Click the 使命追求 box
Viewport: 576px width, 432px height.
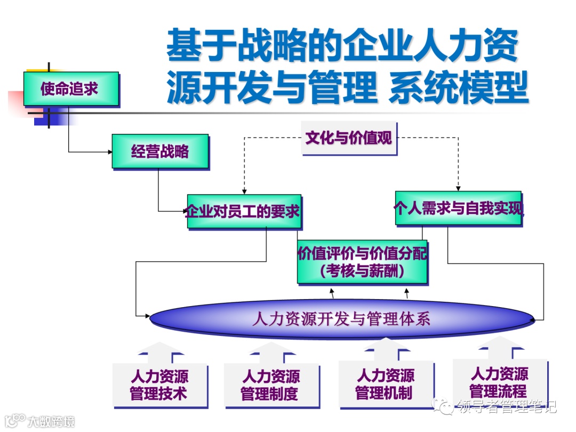(70, 89)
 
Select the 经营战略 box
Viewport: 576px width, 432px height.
(160, 151)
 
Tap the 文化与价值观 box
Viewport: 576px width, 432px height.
(349, 138)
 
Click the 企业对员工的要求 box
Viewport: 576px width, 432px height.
(243, 211)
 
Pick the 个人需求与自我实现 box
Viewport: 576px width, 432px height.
(458, 208)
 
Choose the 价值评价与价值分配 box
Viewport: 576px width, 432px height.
(362, 254)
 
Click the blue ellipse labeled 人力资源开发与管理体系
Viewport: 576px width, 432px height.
(341, 319)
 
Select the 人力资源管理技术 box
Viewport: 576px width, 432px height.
(159, 385)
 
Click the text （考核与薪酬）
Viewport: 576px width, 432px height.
(362, 271)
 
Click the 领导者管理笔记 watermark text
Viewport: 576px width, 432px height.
(503, 407)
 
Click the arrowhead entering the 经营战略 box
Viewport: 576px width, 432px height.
(109, 152)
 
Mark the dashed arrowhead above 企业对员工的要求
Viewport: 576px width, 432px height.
(244, 191)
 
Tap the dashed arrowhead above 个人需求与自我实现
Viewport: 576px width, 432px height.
(458, 187)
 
